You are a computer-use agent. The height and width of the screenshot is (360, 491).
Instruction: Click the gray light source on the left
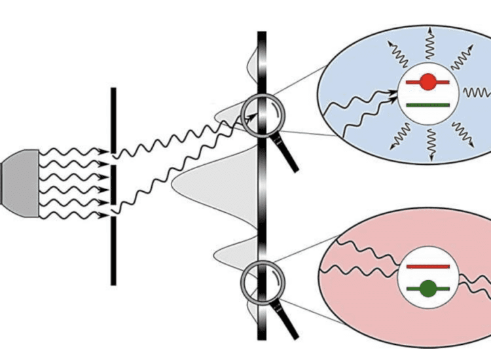pos(20,183)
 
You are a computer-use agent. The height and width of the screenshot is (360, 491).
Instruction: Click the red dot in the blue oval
pos(428,82)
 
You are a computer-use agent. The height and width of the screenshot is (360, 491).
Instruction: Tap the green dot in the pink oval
pos(428,287)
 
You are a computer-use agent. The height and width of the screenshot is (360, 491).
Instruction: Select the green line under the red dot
pos(427,104)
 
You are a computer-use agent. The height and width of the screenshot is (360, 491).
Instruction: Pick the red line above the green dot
pos(427,267)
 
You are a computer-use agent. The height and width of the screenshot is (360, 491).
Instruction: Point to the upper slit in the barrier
pos(113,156)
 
